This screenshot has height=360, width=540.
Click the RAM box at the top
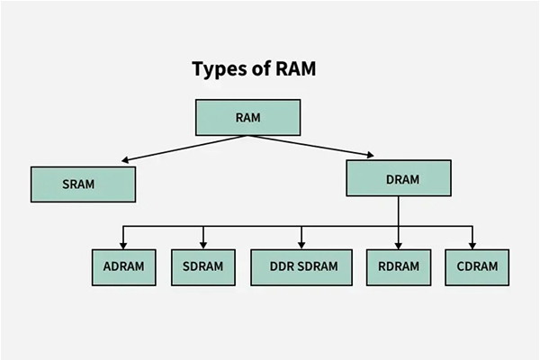click(x=247, y=117)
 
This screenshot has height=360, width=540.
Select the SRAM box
click(x=83, y=184)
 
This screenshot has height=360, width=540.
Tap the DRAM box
click(x=399, y=178)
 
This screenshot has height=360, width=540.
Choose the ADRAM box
click(x=124, y=267)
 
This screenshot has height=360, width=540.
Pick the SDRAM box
click(x=202, y=267)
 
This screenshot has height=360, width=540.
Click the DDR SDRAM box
click(x=301, y=267)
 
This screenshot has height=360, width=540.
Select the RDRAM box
click(x=399, y=267)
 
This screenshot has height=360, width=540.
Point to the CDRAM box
click(x=476, y=267)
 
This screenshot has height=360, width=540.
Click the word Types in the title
click(x=220, y=69)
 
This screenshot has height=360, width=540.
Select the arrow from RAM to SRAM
click(x=184, y=148)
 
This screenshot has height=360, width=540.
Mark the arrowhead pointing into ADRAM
click(x=124, y=244)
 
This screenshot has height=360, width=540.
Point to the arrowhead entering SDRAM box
click(x=202, y=244)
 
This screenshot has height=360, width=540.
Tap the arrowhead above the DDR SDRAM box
click(x=301, y=244)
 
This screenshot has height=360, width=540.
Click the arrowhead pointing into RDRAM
click(x=399, y=244)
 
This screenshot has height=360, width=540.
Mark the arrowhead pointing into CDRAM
click(x=472, y=244)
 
